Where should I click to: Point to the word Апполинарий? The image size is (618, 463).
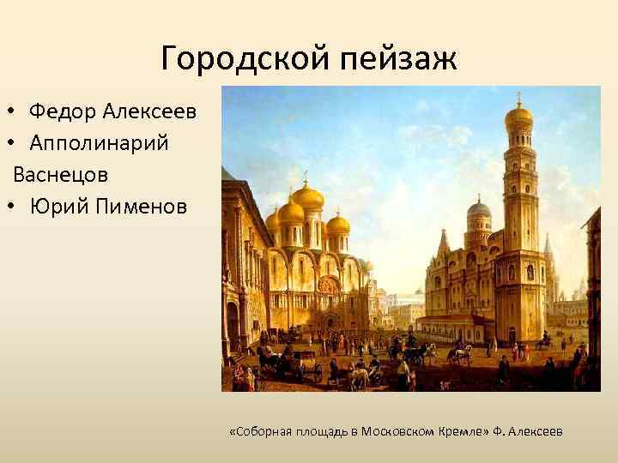pyautogui.click(x=99, y=142)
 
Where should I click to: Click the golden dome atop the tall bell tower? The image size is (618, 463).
pyautogui.click(x=518, y=117)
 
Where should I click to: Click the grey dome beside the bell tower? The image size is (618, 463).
pyautogui.click(x=479, y=208)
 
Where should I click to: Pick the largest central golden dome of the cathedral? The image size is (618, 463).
pyautogui.click(x=307, y=197)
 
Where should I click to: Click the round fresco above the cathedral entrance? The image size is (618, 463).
pyautogui.click(x=326, y=284)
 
